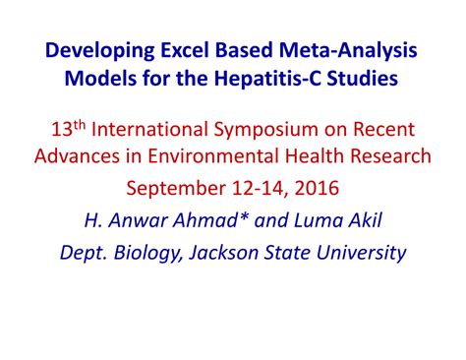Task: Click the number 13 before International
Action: point(46,130)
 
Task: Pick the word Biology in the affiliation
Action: point(146,253)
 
